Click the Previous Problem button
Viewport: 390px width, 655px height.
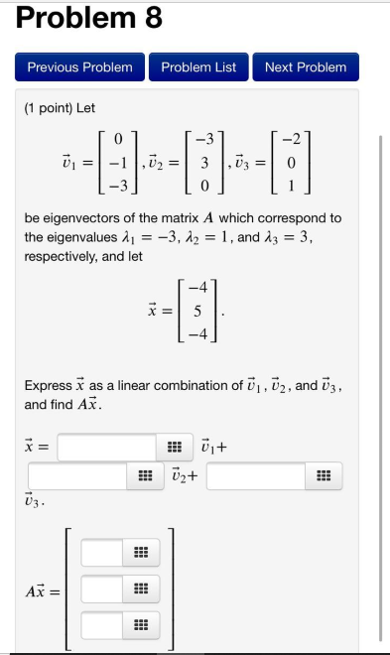pyautogui.click(x=79, y=67)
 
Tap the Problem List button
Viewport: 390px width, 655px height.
pyautogui.click(x=198, y=67)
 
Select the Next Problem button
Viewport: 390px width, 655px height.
pyautogui.click(x=306, y=67)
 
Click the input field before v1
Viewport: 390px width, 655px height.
pyautogui.click(x=106, y=448)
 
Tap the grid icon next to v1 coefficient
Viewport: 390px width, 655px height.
pyautogui.click(x=174, y=448)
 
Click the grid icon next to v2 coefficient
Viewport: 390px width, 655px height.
pyautogui.click(x=146, y=477)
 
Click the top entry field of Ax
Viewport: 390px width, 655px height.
pyautogui.click(x=102, y=552)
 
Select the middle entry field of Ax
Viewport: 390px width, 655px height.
pyautogui.click(x=102, y=589)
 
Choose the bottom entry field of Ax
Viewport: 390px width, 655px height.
pyautogui.click(x=102, y=626)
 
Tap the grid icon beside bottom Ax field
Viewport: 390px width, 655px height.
pyautogui.click(x=139, y=626)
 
